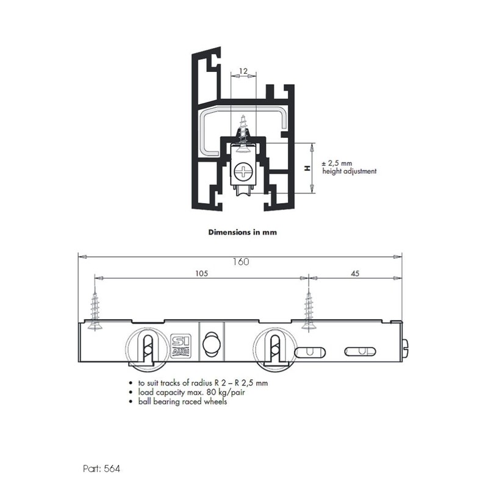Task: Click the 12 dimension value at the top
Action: (243, 71)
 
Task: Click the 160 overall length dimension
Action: (240, 262)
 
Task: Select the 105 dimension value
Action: (201, 274)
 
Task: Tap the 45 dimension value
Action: (354, 274)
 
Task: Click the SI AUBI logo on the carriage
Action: (181, 343)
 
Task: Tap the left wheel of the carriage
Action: (146, 350)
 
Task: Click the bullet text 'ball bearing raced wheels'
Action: (182, 401)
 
